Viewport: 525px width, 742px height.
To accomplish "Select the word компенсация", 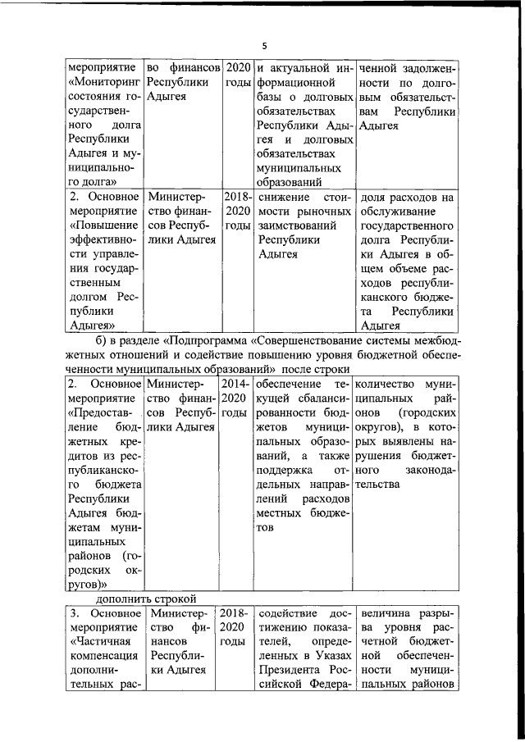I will click(102, 656).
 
